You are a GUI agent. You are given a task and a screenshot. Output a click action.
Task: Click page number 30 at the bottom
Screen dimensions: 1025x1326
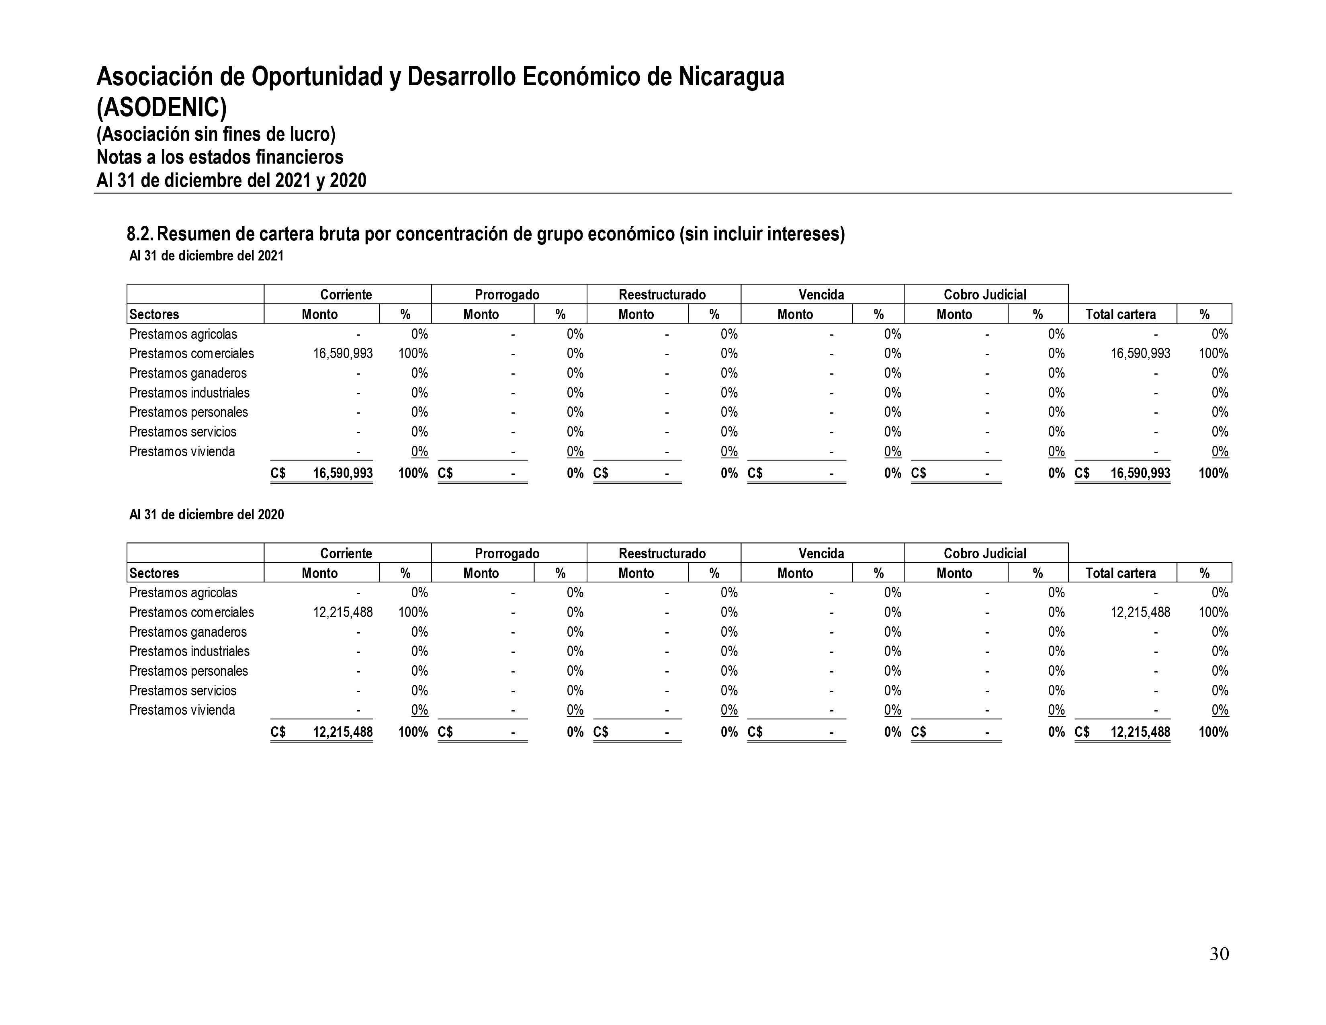[1219, 954]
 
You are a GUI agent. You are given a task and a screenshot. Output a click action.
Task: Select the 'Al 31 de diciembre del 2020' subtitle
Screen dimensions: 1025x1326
[207, 515]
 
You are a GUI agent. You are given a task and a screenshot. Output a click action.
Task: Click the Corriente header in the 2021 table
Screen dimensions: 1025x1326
[346, 295]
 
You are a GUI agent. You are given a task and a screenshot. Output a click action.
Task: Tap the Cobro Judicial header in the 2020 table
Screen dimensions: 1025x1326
[985, 553]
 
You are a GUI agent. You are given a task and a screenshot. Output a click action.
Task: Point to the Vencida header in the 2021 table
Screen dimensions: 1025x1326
[821, 295]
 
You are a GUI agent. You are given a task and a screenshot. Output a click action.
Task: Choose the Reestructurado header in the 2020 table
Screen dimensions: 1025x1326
[662, 553]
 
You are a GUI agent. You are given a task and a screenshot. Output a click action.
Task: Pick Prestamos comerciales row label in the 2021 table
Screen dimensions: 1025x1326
[191, 353]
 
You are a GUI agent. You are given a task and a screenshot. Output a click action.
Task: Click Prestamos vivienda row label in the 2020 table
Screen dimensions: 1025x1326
[182, 710]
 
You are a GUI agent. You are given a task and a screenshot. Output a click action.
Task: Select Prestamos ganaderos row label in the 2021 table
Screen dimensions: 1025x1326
[188, 373]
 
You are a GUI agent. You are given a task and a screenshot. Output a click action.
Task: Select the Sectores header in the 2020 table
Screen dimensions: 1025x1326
[154, 573]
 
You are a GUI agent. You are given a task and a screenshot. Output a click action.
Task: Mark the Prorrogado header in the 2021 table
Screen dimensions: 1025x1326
[507, 295]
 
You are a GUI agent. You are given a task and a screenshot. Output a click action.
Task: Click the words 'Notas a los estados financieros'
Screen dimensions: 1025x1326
[220, 157]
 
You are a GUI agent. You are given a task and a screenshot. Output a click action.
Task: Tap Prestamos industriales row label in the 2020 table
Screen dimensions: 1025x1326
[189, 651]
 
